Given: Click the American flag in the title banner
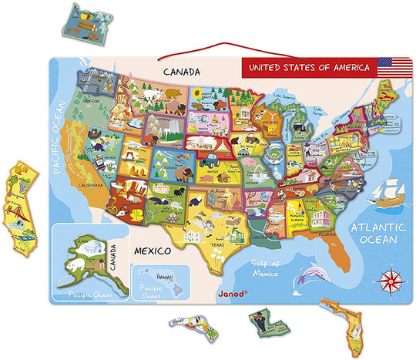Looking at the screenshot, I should tap(390, 66).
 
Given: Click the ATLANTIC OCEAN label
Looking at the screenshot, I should tap(377, 233).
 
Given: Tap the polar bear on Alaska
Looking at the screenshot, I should tap(77, 269).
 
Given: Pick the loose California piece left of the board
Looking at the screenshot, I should tap(21, 201).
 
